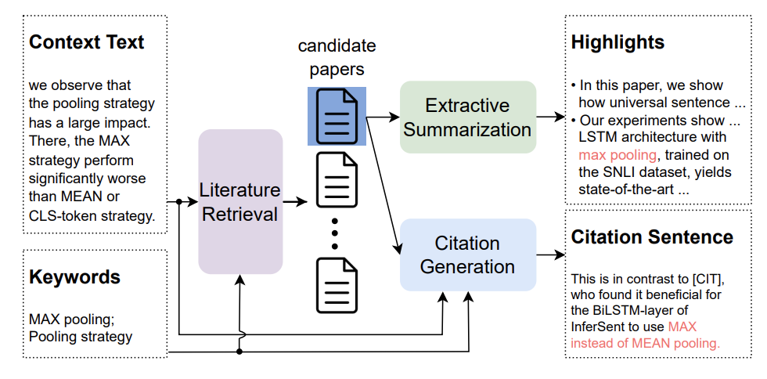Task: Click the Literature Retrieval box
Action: (x=239, y=201)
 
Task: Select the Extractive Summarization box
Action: (x=467, y=117)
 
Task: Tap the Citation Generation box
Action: (x=467, y=254)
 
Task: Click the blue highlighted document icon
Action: (x=337, y=116)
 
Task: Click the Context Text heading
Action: (x=86, y=42)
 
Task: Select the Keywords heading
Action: (x=74, y=276)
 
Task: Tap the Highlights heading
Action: (x=618, y=42)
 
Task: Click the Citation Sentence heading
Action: (x=652, y=237)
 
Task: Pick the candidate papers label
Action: (x=337, y=57)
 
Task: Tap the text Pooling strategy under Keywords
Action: (x=81, y=337)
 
